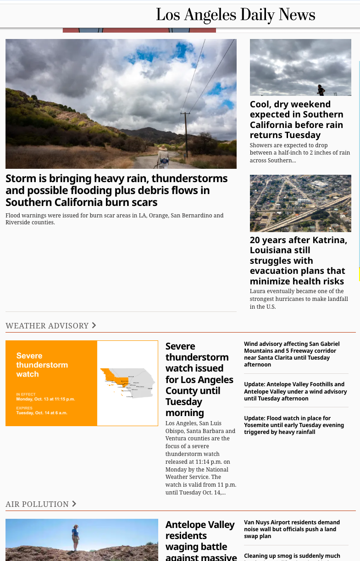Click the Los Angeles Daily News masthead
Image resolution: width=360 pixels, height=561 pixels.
pyautogui.click(x=235, y=15)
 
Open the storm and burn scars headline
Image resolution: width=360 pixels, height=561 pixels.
pyautogui.click(x=116, y=190)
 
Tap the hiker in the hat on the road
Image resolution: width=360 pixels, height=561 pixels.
pyautogui.click(x=163, y=156)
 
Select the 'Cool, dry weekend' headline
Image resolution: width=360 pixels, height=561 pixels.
pyautogui.click(x=296, y=119)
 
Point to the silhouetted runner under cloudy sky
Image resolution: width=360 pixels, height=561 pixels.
pyautogui.click(x=321, y=90)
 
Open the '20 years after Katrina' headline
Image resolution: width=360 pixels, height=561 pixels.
pyautogui.click(x=298, y=260)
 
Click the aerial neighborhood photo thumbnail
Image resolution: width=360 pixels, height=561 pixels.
pyautogui.click(x=300, y=203)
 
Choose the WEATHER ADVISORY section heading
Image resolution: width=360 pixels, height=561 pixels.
pyautogui.click(x=47, y=326)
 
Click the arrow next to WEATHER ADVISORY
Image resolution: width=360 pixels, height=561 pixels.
pyautogui.click(x=94, y=325)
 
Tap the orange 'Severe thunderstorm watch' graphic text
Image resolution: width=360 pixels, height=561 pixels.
pyautogui.click(x=42, y=365)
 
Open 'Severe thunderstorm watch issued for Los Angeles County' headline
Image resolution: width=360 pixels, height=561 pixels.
pyautogui.click(x=199, y=379)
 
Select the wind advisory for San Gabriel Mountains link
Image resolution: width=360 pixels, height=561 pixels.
pyautogui.click(x=292, y=354)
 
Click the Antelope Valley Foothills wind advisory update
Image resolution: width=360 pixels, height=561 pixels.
pyautogui.click(x=295, y=391)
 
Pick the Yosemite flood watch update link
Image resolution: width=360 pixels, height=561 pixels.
pyautogui.click(x=294, y=425)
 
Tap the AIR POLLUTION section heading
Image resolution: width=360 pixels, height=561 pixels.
pyautogui.click(x=37, y=504)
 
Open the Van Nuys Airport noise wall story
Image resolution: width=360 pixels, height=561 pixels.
pyautogui.click(x=292, y=529)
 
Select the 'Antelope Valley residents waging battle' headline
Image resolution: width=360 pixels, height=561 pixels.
pyautogui.click(x=200, y=541)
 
